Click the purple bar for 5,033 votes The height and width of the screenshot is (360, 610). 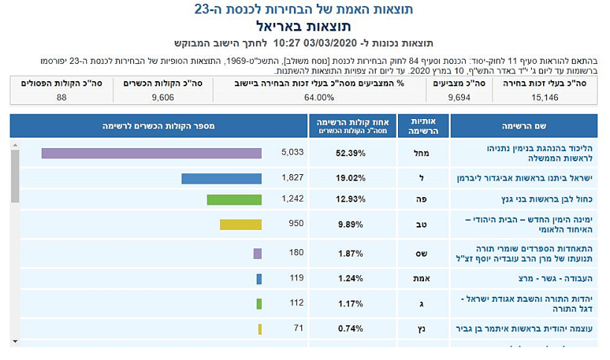click(x=151, y=153)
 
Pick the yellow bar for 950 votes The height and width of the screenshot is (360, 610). click(x=240, y=225)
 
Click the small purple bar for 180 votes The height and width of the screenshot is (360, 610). click(x=257, y=254)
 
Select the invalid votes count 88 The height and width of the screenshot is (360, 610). click(x=61, y=97)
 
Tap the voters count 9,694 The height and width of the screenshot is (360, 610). click(x=458, y=97)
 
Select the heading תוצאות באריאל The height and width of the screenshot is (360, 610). click(x=305, y=27)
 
